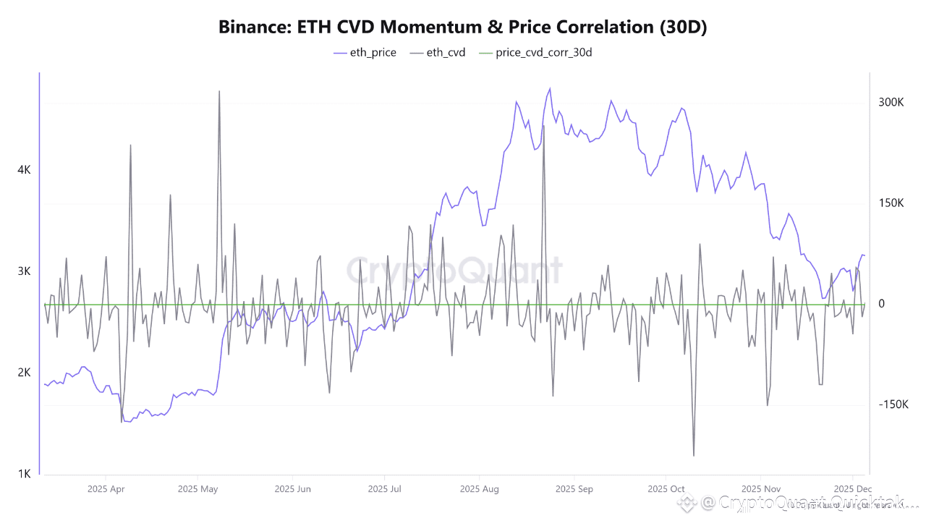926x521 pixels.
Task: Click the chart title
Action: pyautogui.click(x=463, y=27)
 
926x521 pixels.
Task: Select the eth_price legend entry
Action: pyautogui.click(x=365, y=52)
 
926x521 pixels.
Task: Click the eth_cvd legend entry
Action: pyautogui.click(x=438, y=52)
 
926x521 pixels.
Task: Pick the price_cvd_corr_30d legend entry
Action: pyautogui.click(x=535, y=52)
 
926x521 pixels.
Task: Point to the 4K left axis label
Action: pyautogui.click(x=24, y=170)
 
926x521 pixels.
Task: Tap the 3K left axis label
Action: pyautogui.click(x=24, y=271)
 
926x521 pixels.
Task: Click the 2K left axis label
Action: pyautogui.click(x=24, y=373)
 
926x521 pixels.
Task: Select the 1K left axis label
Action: pyautogui.click(x=24, y=474)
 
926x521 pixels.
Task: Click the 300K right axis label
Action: pyautogui.click(x=891, y=103)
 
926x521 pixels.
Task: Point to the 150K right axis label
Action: pyautogui.click(x=891, y=203)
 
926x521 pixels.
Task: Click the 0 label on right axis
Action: pyautogui.click(x=881, y=304)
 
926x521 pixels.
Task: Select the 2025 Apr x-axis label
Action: pyautogui.click(x=106, y=489)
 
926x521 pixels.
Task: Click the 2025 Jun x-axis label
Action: pyautogui.click(x=292, y=489)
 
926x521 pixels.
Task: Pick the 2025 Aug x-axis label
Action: pyautogui.click(x=479, y=489)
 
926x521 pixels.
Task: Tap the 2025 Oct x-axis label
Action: pyautogui.click(x=666, y=489)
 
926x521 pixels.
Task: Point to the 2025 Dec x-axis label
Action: pyautogui.click(x=853, y=489)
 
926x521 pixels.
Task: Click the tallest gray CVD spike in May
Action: pyautogui.click(x=219, y=92)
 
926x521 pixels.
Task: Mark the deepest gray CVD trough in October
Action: pyautogui.click(x=694, y=455)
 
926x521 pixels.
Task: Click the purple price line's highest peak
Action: pyautogui.click(x=550, y=89)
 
